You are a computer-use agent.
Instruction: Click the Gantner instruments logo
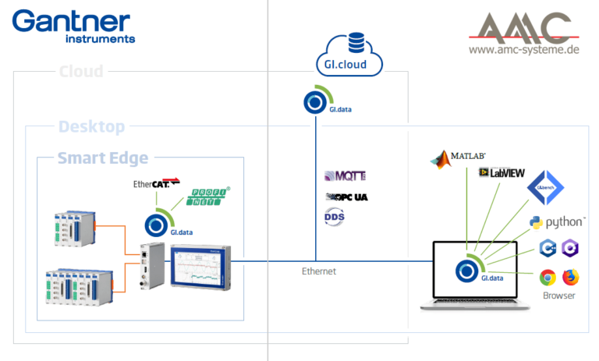(75, 25)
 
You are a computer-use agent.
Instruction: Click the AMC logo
(524, 29)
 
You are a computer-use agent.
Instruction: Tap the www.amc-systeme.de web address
(525, 51)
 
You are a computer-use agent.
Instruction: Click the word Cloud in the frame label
(81, 73)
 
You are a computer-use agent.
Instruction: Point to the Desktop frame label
(91, 126)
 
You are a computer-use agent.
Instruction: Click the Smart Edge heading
(103, 159)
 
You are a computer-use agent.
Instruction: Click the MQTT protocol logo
(344, 176)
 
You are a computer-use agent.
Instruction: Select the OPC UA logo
(346, 196)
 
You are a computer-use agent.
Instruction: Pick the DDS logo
(335, 216)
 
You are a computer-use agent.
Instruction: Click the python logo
(557, 223)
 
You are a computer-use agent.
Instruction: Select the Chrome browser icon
(548, 277)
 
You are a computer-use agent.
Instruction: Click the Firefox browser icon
(571, 277)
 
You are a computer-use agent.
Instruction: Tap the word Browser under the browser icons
(558, 296)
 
